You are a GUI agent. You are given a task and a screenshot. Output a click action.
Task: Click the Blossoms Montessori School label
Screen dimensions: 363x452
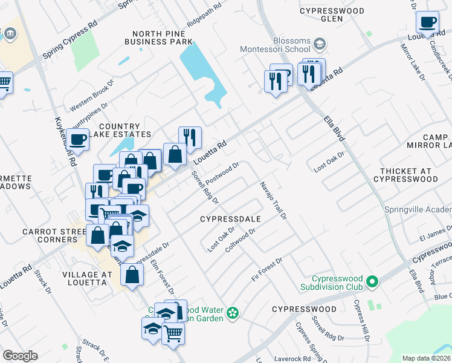coord(274,44)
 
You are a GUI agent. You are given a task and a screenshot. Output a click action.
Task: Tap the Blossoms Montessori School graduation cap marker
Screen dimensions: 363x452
coord(319,44)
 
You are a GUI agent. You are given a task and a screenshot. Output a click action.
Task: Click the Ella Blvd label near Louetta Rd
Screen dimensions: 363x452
coord(334,128)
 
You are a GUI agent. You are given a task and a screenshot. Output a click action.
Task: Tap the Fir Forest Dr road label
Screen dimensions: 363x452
coord(267,269)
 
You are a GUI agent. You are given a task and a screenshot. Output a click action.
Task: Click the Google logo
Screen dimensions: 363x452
coord(20,356)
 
